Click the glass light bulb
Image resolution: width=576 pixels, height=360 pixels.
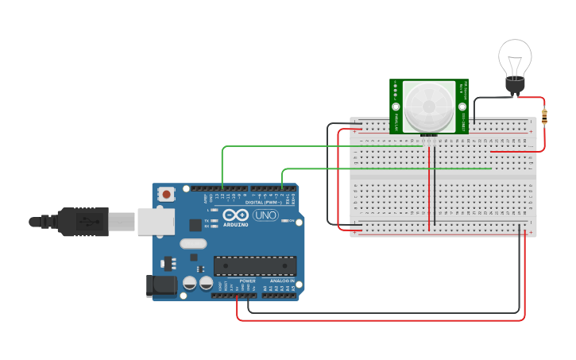click(x=514, y=60)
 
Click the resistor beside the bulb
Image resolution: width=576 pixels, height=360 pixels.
click(x=544, y=117)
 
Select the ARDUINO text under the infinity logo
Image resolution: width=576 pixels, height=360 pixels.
click(x=235, y=224)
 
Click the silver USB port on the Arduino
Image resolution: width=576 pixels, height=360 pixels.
click(x=156, y=222)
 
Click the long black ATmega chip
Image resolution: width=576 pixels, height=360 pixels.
click(x=255, y=265)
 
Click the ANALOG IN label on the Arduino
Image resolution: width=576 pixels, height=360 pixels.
click(x=281, y=281)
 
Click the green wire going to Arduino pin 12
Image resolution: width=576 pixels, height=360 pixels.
click(x=318, y=146)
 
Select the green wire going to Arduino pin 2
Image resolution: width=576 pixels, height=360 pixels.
click(x=381, y=168)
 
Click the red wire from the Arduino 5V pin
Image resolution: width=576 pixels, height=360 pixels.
click(x=381, y=320)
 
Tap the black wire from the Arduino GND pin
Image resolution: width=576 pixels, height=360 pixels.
click(x=381, y=312)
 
